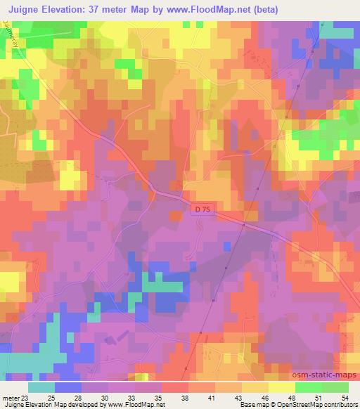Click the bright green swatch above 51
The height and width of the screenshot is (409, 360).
308,387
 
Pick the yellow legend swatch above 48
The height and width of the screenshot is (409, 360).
281,387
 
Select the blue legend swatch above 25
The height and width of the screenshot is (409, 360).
67,387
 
